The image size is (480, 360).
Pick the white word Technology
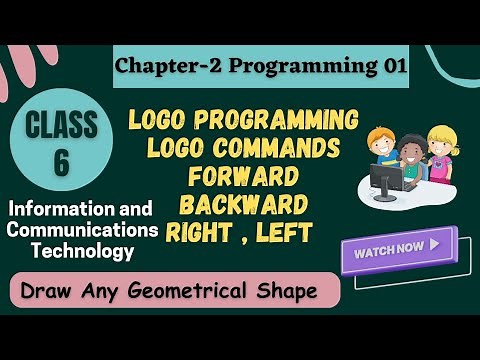[83, 251]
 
